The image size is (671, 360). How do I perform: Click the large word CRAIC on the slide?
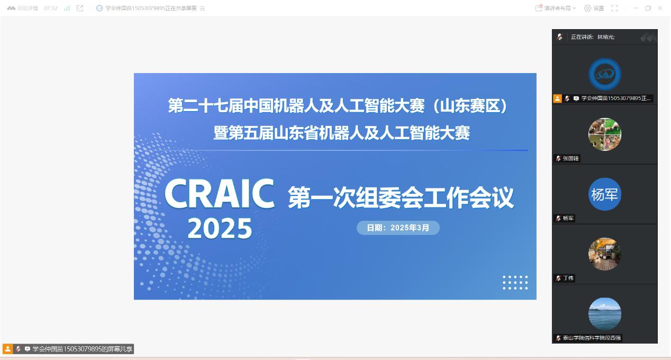[x=220, y=193]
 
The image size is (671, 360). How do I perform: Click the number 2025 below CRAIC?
[x=220, y=228]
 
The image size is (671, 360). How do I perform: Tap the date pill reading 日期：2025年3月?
[x=398, y=228]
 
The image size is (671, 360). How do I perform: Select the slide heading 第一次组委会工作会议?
[x=401, y=197]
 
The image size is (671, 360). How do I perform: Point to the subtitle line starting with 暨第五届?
[x=341, y=133]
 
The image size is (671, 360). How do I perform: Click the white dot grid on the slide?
[x=515, y=283]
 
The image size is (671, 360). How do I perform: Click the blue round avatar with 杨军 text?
[x=604, y=194]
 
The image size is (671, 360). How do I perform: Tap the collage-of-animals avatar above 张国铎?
[x=604, y=134]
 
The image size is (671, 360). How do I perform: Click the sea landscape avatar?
[x=604, y=314]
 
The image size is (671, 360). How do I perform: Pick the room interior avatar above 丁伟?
[x=604, y=254]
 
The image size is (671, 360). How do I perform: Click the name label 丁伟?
[x=568, y=278]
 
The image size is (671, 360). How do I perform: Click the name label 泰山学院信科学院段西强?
[x=592, y=338]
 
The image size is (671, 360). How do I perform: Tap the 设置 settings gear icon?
[x=587, y=8]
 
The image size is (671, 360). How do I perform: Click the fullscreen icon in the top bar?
[x=614, y=8]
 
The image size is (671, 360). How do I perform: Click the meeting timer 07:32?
[x=51, y=8]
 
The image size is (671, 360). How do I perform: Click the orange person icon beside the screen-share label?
[x=8, y=349]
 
